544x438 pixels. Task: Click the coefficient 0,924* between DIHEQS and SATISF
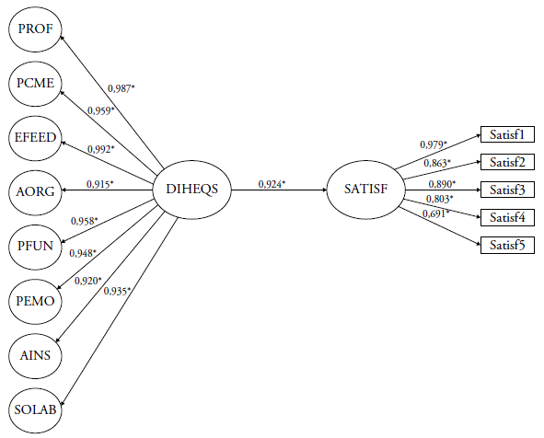pos(272,185)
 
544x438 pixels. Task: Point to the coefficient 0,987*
pos(122,88)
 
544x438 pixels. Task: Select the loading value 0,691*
pos(435,213)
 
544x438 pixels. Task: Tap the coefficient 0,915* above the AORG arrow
pos(100,184)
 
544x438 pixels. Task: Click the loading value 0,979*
pos(434,144)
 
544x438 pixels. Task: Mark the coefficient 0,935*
pos(117,291)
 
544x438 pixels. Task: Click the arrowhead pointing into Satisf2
pos(479,162)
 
